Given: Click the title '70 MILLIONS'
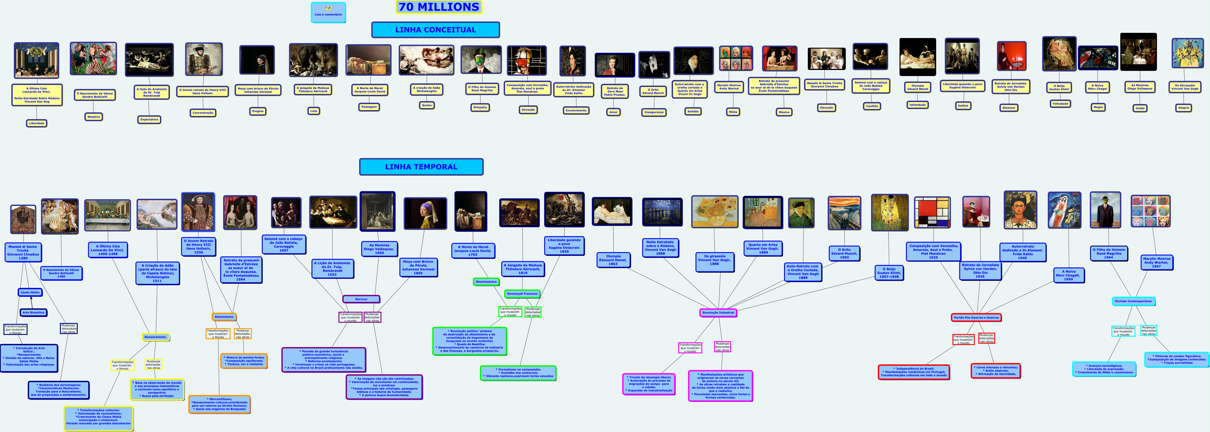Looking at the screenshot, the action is [x=439, y=7].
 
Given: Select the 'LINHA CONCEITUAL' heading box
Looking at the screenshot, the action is [x=435, y=30].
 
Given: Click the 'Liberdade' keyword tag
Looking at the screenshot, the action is [x=37, y=123].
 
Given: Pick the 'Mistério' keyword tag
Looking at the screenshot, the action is [x=94, y=117].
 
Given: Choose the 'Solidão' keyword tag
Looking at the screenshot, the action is [x=693, y=111].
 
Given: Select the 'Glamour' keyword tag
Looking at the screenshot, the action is [x=1009, y=108].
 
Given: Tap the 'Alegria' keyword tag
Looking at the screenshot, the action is [x=1183, y=108].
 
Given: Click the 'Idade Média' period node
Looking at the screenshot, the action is [x=30, y=292].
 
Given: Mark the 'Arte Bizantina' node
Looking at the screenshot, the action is [x=33, y=313].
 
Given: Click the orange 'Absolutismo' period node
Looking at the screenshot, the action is [x=224, y=317].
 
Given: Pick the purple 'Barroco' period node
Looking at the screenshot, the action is [x=361, y=299].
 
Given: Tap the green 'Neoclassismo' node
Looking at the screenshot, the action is [x=486, y=281].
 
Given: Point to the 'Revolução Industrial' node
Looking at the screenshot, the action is [x=718, y=313].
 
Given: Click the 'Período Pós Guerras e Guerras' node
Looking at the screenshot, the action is [x=976, y=318].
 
